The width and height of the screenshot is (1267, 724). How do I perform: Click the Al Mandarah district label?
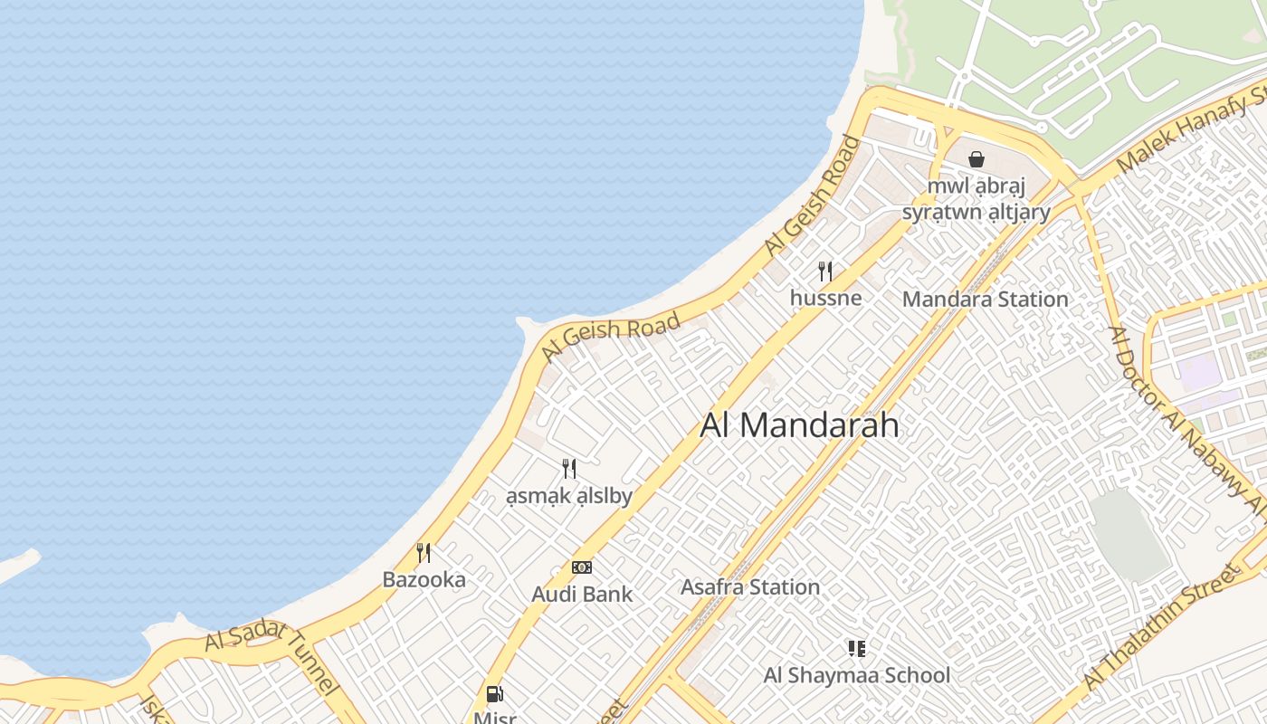(799, 425)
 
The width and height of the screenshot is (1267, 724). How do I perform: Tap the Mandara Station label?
(985, 299)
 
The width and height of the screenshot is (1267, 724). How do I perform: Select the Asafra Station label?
(749, 587)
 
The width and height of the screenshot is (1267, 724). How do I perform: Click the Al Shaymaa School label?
(856, 675)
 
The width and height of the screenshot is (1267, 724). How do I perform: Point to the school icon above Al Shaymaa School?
(856, 648)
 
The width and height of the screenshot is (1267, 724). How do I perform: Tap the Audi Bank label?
(582, 595)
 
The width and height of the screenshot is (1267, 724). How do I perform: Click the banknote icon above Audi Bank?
(582, 567)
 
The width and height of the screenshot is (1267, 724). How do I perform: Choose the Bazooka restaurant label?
(424, 579)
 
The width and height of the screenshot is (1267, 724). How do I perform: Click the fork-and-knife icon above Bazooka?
(423, 552)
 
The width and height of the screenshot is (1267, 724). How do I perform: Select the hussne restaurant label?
(825, 297)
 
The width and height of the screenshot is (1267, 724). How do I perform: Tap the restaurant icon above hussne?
(825, 271)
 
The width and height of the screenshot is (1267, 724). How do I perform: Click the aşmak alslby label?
(568, 496)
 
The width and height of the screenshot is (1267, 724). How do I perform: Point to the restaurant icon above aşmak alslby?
(568, 469)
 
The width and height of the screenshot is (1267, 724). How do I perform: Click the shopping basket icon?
(976, 159)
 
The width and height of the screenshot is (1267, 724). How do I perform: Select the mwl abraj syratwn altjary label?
(976, 199)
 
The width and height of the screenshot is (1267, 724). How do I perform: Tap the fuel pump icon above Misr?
(494, 694)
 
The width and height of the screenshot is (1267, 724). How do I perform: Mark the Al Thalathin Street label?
(1160, 625)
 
